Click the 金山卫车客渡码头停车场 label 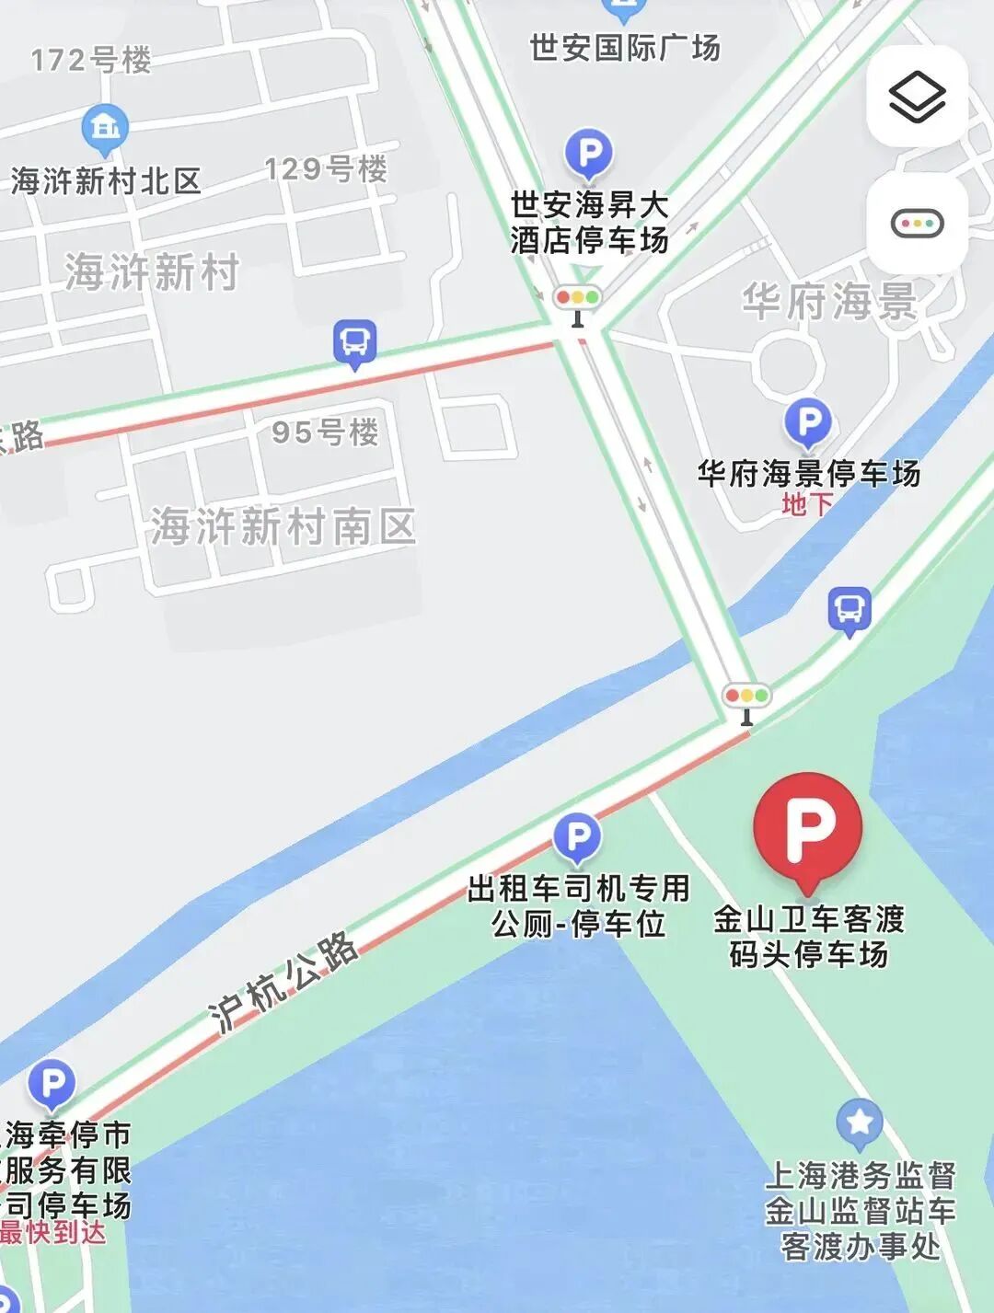pyautogui.click(x=809, y=936)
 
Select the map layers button pyautogui.click(x=917, y=97)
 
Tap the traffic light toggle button pyautogui.click(x=917, y=224)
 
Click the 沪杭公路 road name pyautogui.click(x=283, y=982)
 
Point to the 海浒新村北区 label pyautogui.click(x=106, y=181)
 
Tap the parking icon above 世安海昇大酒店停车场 pyautogui.click(x=589, y=153)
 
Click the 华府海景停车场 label pyautogui.click(x=808, y=473)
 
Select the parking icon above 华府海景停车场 pyautogui.click(x=807, y=422)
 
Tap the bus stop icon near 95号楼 pyautogui.click(x=354, y=342)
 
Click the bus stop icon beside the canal pyautogui.click(x=849, y=608)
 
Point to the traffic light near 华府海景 pyautogui.click(x=577, y=301)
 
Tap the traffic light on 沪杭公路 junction pyautogui.click(x=746, y=698)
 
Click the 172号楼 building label pyautogui.click(x=90, y=61)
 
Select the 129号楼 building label pyautogui.click(x=326, y=168)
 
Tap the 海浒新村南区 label pyautogui.click(x=283, y=527)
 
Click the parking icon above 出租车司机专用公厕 pyautogui.click(x=577, y=837)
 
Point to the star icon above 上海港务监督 pyautogui.click(x=860, y=1123)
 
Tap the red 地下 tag pyautogui.click(x=807, y=504)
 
